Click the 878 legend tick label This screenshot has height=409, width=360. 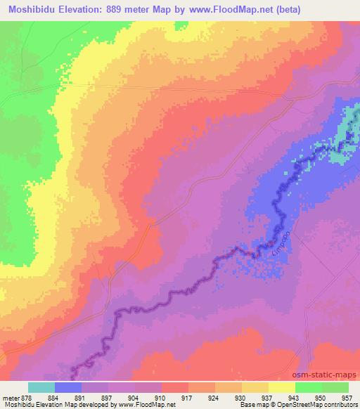point(27,397)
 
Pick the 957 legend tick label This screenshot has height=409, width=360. point(347,397)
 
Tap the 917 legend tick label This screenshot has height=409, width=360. point(187,397)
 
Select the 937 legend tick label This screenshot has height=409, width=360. point(267,397)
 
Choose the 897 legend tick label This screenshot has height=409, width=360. point(108,397)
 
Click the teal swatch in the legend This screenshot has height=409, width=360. point(41,387)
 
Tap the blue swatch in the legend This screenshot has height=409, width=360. point(67,387)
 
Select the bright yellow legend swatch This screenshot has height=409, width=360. point(281,387)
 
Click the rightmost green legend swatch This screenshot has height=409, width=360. point(335,387)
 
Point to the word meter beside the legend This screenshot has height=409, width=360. point(9,397)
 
